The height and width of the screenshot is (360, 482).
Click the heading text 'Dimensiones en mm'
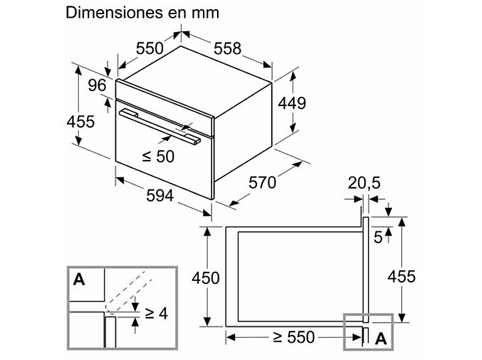[142, 13]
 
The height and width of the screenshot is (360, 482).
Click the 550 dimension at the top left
[150, 48]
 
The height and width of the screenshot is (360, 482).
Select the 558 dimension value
[228, 48]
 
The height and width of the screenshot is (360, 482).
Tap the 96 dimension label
[97, 85]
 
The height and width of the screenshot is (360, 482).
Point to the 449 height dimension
[292, 103]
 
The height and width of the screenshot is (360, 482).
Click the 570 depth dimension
[262, 183]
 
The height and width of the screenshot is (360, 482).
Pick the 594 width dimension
[160, 196]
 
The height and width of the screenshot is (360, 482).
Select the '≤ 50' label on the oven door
[158, 156]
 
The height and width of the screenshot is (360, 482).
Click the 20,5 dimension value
[364, 183]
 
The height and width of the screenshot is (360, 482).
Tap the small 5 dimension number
[378, 237]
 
